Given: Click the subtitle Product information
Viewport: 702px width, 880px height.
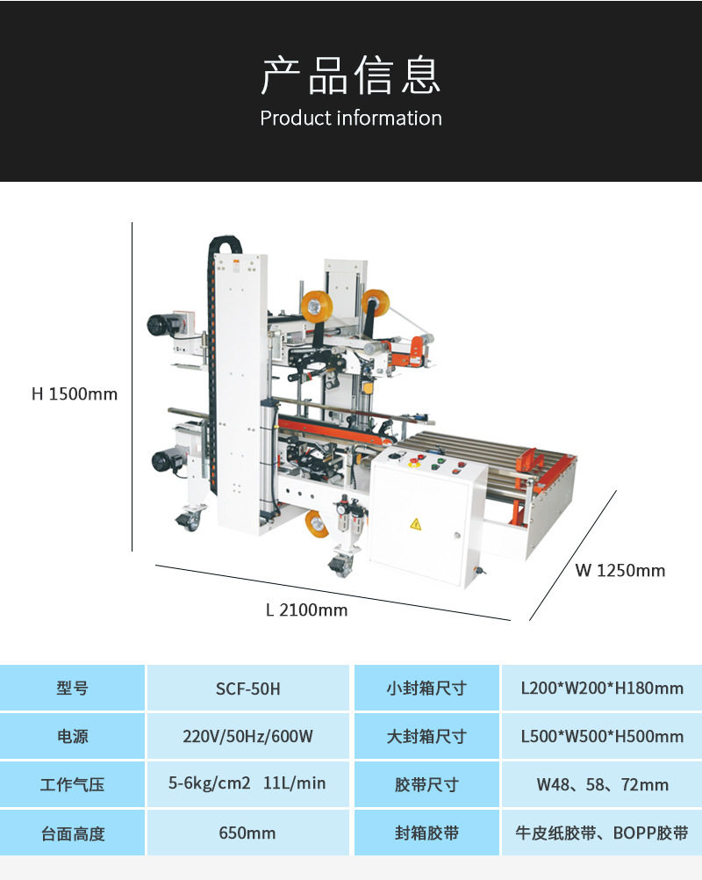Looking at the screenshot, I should (351, 118).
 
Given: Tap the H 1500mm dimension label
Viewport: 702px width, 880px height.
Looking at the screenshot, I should (75, 393).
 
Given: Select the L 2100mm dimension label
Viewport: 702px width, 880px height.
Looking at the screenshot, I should (306, 610).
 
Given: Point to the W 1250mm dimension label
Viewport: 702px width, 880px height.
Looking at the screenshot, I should (620, 570).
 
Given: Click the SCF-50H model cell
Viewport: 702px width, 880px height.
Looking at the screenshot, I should (248, 689).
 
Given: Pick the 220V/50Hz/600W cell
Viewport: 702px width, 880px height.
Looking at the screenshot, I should (248, 736).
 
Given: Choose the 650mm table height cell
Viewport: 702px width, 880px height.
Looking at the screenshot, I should (248, 833).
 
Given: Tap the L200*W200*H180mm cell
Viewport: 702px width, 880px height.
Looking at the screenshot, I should (602, 689).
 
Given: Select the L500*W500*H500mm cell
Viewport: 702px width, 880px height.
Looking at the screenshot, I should (602, 736).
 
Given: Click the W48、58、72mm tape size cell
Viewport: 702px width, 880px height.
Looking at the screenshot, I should (602, 784).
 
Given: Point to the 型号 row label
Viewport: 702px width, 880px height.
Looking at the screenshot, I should (72, 689).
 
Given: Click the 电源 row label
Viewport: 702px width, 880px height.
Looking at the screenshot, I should (72, 736).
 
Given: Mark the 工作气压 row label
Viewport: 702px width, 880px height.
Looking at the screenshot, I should (72, 784).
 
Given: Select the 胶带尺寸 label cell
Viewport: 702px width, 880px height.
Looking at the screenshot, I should (426, 784).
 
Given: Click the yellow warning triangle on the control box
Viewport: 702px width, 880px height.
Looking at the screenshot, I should (415, 524).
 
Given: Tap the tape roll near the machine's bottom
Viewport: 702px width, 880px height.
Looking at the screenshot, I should (316, 524).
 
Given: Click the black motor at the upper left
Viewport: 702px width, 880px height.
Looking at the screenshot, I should (163, 324).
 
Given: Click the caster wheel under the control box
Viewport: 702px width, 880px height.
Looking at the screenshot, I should (339, 563).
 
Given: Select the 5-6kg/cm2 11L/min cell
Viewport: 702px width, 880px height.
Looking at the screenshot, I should (248, 783).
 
